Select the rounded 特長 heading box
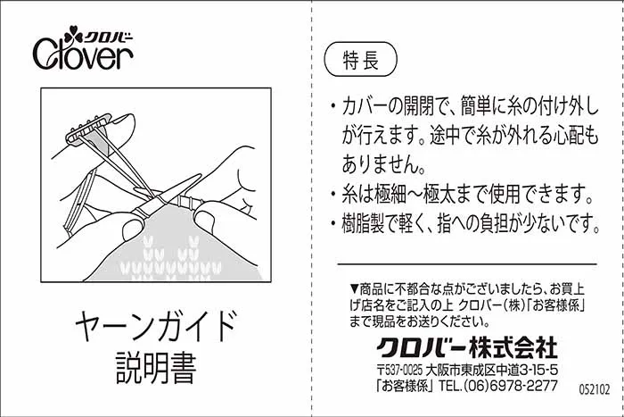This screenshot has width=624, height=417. coord(361,60)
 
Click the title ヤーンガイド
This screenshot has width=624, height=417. coord(156,325)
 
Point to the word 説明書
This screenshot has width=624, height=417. coord(156,368)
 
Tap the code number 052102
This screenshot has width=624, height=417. coord(595,389)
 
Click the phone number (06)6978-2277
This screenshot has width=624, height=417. coord(511,386)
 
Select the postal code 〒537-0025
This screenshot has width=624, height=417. coord(399,371)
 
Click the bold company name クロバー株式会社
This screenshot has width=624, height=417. coord(467,347)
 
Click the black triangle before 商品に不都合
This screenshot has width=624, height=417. coord(354,288)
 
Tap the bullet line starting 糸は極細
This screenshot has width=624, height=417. coord(463,194)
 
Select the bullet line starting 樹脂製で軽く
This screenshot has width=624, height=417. coord(464,223)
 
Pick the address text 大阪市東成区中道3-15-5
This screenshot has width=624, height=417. coord(492,371)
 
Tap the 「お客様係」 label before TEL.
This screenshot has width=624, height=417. coord(405,386)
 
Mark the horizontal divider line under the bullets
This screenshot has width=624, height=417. coord(467,264)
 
